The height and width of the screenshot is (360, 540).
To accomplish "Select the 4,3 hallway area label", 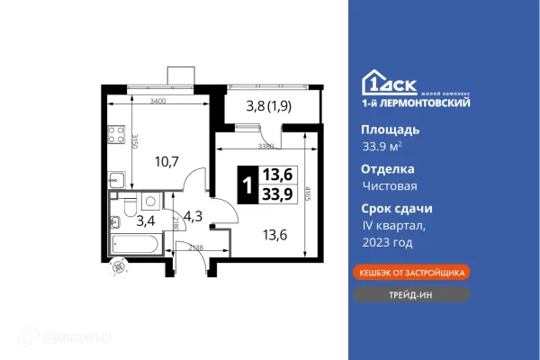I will pos(192,216).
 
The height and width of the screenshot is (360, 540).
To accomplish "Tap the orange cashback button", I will pos(409,271).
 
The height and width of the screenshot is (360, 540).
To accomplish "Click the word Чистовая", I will pos(389,185).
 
